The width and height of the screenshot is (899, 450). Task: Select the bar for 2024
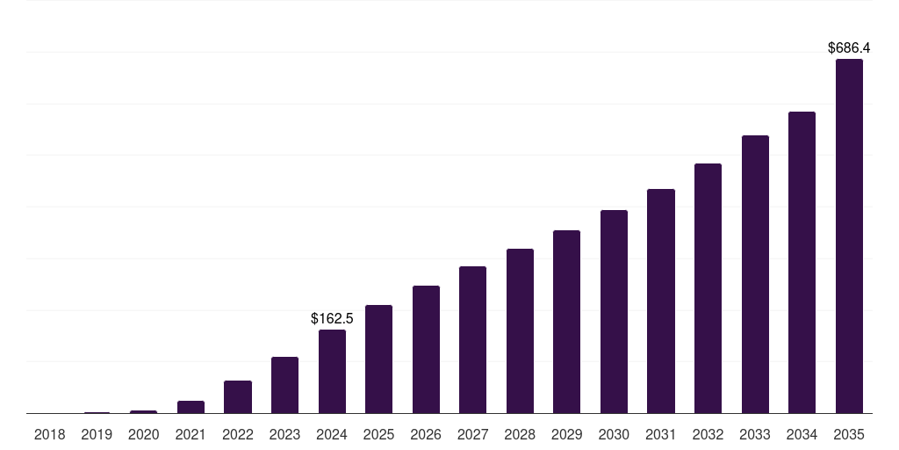tap(332, 371)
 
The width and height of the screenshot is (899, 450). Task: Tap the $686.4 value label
tap(849, 48)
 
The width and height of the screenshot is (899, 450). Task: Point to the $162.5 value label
tap(332, 318)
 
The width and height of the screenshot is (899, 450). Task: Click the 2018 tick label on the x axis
tap(49, 434)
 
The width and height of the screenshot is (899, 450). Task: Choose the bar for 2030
tap(614, 311)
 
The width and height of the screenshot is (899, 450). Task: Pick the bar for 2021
tap(191, 407)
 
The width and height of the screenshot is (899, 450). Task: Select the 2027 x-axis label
tap(472, 434)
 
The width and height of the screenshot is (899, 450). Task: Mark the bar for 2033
tap(755, 274)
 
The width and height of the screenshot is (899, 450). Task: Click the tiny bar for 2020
tap(143, 411)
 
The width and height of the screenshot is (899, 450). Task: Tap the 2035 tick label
tap(849, 434)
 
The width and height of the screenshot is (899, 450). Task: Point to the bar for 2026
tap(426, 349)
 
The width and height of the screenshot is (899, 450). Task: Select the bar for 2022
tap(238, 396)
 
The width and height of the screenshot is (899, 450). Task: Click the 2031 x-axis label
tap(661, 434)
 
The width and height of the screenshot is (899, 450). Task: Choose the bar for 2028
tap(520, 330)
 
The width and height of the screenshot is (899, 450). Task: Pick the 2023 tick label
tap(284, 434)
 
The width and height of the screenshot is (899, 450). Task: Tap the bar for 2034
tap(802, 262)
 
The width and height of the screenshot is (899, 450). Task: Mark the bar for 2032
tap(708, 288)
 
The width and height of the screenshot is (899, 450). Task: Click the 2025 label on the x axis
tap(378, 434)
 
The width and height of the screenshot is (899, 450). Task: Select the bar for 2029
tap(566, 322)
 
